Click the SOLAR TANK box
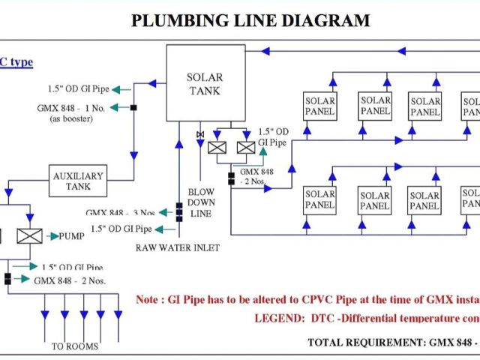pyautogui.click(x=205, y=82)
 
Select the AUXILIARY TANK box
pyautogui.click(x=78, y=181)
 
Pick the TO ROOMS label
pyautogui.click(x=74, y=346)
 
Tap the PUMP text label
pyautogui.click(x=72, y=236)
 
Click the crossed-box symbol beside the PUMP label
pyautogui.click(x=29, y=236)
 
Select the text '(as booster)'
pyautogui.click(x=71, y=118)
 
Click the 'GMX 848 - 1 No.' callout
pyautogui.click(x=70, y=108)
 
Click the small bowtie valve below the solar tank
pyautogui.click(x=199, y=134)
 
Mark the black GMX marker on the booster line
pyautogui.click(x=133, y=108)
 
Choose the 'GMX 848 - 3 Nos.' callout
pyautogui.click(x=121, y=213)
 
